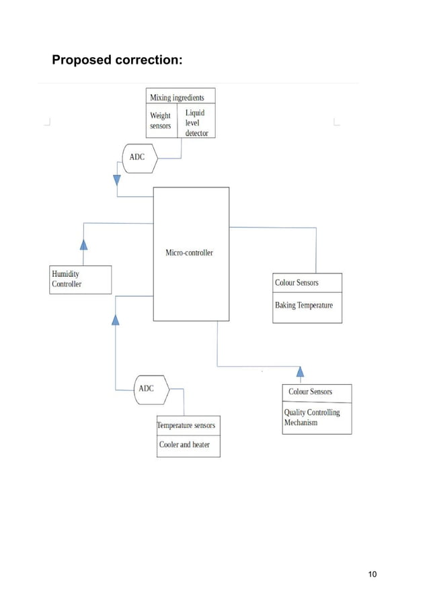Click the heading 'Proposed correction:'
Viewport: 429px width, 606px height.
117,60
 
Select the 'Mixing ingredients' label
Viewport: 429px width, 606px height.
177,97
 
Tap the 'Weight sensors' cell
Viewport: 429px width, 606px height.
161,121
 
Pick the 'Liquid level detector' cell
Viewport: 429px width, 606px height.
196,123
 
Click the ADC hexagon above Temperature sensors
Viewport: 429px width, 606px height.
149,389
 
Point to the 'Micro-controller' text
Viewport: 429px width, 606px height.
189,253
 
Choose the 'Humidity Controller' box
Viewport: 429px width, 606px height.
80,279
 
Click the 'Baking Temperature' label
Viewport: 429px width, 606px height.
303,306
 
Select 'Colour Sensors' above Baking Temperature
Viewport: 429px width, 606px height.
297,283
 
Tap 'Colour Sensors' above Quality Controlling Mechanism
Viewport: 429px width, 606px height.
310,392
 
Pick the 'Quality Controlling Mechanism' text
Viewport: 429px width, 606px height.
311,417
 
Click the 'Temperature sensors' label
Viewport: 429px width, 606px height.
186,425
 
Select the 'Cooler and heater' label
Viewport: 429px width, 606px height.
184,445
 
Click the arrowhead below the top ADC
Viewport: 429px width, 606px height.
117,180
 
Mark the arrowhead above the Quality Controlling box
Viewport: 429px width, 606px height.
300,371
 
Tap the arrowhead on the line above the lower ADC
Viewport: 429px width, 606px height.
116,319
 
